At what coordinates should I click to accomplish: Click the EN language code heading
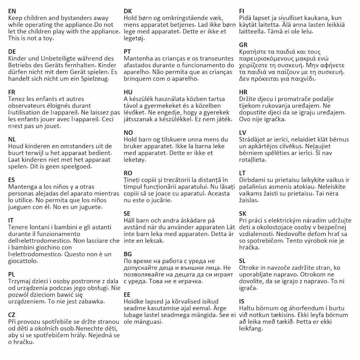click(x=12, y=11)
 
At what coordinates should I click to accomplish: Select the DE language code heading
click(x=12, y=52)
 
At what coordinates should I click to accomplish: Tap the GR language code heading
click(x=243, y=45)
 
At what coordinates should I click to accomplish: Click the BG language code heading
click(x=128, y=254)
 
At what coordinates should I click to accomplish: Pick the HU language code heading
click(x=128, y=92)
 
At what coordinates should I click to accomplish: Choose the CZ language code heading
click(x=12, y=315)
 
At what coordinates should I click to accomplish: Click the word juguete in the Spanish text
click(x=88, y=207)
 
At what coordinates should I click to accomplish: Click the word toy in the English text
click(x=47, y=38)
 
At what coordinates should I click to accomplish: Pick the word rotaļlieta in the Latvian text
click(x=252, y=159)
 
